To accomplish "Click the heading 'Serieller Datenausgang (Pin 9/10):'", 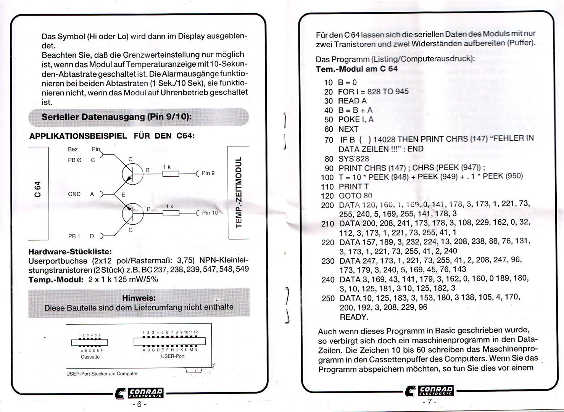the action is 116,117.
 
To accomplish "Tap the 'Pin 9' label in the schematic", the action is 208,173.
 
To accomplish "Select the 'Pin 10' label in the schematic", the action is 210,213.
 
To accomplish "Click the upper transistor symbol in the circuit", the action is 132,174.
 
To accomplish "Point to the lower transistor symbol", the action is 132,214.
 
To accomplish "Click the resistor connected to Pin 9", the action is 171,174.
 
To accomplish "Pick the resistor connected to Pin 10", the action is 171,213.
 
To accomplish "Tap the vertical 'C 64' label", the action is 37,189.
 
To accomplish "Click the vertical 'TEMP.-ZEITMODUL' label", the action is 238,192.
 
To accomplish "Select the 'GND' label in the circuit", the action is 74,194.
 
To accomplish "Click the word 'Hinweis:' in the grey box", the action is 139,298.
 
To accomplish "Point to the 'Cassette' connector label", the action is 90,357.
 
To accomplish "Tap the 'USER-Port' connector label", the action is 173,356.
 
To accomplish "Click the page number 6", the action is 139,404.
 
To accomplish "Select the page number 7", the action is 430,402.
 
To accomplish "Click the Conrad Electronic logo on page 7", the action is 430,391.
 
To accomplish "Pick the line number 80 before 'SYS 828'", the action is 329,159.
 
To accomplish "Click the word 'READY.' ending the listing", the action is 354,317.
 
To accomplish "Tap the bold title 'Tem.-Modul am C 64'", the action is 357,69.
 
